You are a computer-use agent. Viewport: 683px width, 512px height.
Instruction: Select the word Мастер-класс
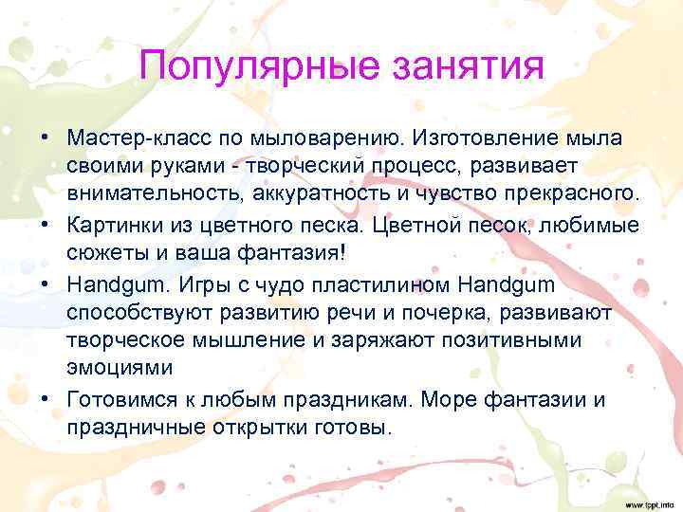128,139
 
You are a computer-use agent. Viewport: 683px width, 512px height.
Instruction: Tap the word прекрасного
555,194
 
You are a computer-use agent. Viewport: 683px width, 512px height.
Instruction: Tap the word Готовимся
119,398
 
